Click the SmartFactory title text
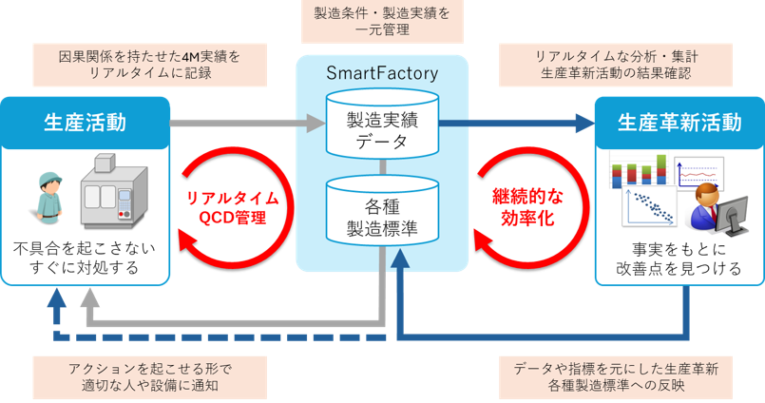click(x=381, y=73)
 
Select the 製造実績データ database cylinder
click(x=382, y=125)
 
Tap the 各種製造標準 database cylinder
click(x=382, y=215)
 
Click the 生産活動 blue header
click(x=86, y=122)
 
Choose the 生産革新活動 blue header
click(x=679, y=122)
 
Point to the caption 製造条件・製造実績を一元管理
click(x=381, y=22)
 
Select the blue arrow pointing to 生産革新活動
click(x=518, y=122)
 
